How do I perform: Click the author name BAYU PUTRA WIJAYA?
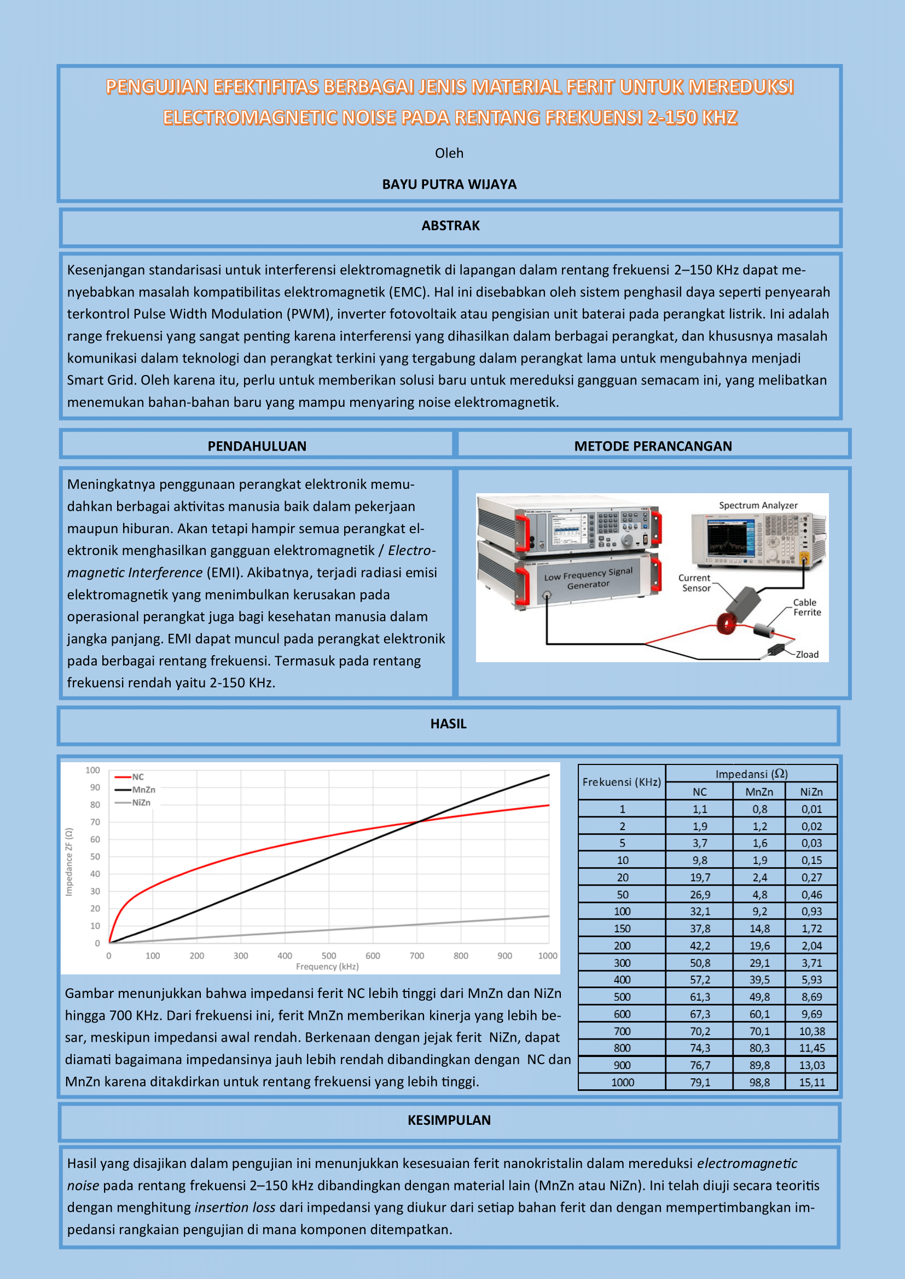[449, 184]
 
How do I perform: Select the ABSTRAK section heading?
[450, 226]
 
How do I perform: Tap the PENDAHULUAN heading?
[257, 446]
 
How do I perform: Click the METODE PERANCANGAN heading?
[653, 446]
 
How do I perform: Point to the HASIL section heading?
[448, 723]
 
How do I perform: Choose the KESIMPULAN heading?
[449, 1120]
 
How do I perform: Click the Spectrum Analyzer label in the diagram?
[758, 505]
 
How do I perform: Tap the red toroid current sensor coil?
[727, 623]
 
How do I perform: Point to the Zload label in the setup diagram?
[807, 655]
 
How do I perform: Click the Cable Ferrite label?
[807, 607]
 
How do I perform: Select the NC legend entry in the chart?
[137, 777]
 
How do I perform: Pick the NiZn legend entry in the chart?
[141, 803]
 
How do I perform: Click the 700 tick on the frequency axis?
[417, 956]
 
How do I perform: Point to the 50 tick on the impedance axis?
[95, 857]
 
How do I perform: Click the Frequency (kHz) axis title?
[327, 966]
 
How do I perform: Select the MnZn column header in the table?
[759, 792]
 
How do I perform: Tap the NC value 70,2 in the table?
[700, 1031]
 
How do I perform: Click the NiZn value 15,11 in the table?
[812, 1082]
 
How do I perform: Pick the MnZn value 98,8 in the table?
[759, 1082]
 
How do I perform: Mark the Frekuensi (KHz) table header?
[622, 782]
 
